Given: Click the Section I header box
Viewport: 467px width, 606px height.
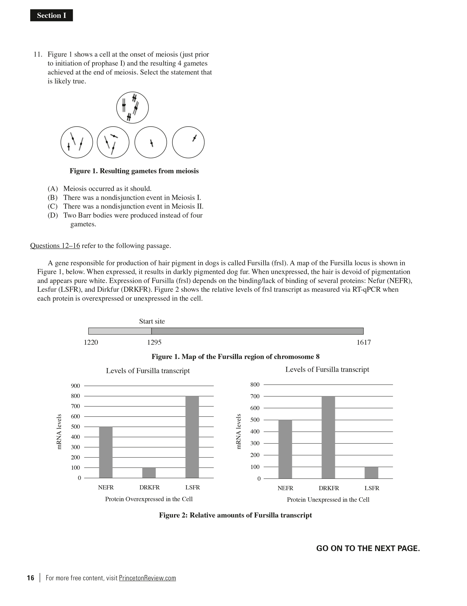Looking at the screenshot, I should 52,15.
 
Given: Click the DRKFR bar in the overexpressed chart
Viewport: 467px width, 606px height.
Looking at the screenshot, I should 149,473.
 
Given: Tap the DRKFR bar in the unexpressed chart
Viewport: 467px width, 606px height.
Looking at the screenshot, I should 328,437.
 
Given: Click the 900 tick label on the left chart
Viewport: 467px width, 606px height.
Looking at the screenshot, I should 75,386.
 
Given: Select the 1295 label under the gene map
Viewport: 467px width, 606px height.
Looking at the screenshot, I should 154,342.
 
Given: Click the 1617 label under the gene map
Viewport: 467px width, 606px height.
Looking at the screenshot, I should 364,342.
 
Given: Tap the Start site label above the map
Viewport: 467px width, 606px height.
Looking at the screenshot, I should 152,321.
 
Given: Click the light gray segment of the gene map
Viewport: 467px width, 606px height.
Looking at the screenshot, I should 120,331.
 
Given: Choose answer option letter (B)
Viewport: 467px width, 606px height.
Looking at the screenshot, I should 53,198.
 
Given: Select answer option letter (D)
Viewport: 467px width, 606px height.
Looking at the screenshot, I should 53,215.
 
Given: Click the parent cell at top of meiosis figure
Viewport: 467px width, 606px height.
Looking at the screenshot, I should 132,108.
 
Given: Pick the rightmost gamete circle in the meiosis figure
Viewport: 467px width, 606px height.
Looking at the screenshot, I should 188,142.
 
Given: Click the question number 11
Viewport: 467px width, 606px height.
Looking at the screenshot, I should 38,54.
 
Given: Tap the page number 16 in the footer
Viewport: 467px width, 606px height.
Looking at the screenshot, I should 30,578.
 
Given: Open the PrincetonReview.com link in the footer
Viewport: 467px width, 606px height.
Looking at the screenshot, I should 147,578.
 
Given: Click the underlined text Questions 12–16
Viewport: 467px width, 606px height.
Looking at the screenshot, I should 55,246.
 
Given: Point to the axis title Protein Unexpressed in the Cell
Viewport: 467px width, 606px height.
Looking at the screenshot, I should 328,500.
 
